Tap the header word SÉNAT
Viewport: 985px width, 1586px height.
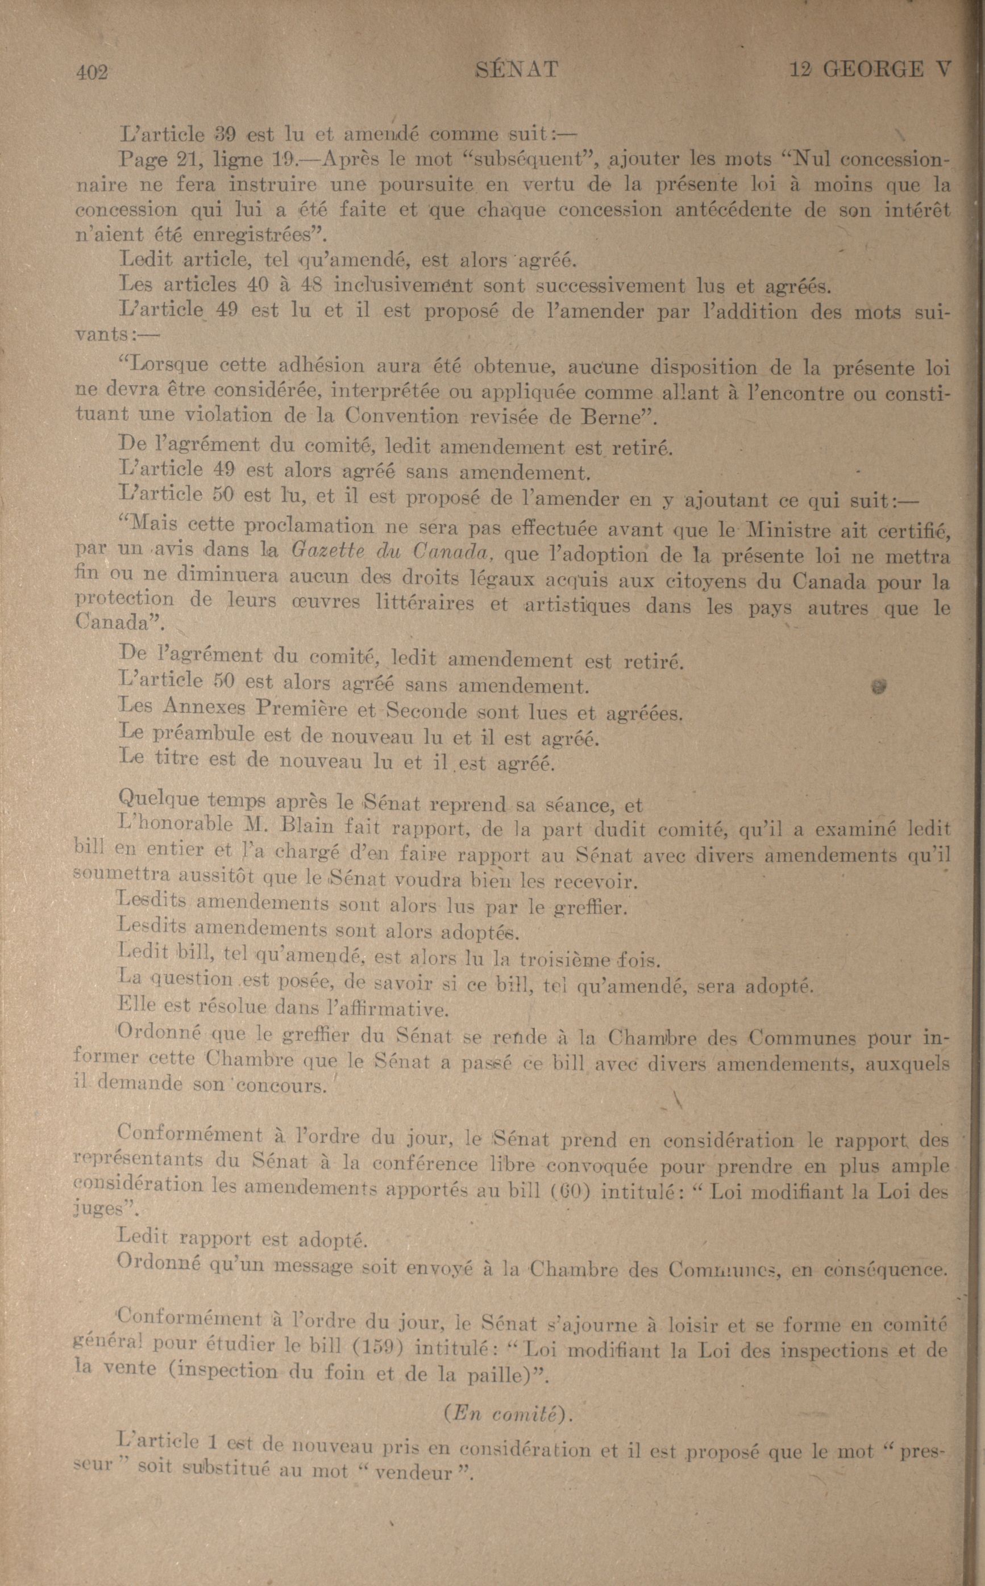point(517,69)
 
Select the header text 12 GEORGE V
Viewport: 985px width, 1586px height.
point(870,68)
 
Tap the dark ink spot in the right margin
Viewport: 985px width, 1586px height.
point(879,686)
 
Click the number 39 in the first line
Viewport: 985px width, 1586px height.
point(226,135)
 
